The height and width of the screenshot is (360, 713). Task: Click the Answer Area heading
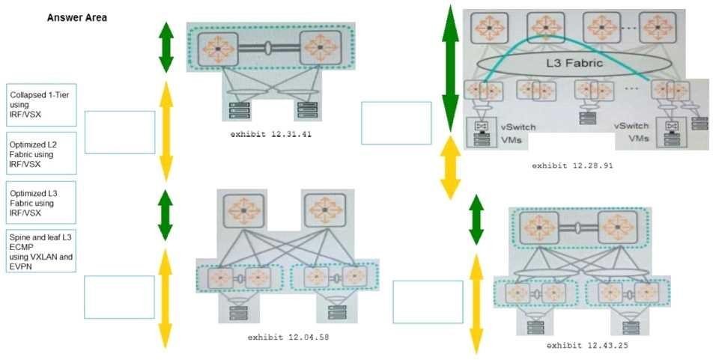coord(77,17)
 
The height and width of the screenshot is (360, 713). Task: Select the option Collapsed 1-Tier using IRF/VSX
coord(40,105)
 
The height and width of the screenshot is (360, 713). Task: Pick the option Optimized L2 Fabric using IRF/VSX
coord(40,153)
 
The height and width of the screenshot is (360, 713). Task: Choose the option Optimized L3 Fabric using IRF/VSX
coord(40,202)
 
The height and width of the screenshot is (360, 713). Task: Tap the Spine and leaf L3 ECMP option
coord(40,248)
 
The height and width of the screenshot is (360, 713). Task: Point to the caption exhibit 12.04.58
coord(288,337)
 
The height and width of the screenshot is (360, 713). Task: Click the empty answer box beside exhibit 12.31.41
coord(120,132)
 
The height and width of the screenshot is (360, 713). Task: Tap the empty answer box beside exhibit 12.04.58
coord(120,297)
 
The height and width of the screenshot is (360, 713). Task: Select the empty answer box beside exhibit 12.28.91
coord(396,123)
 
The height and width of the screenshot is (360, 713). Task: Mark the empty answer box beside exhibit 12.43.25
coord(428,302)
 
